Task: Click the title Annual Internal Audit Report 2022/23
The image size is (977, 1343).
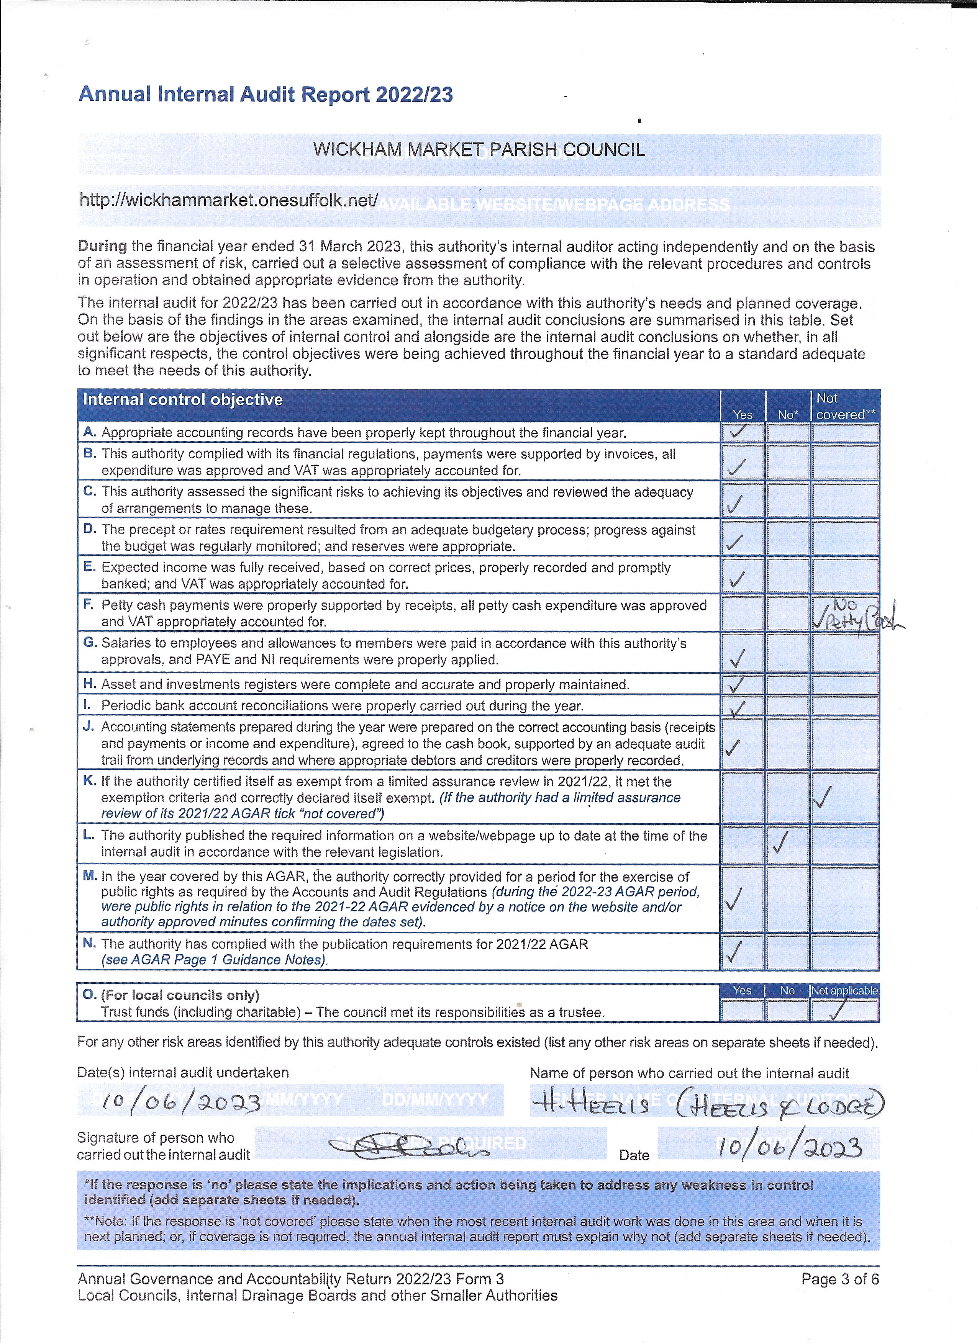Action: pyautogui.click(x=266, y=95)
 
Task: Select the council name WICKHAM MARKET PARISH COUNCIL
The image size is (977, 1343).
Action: pyautogui.click(x=479, y=149)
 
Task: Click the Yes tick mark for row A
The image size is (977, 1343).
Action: pyautogui.click(x=738, y=432)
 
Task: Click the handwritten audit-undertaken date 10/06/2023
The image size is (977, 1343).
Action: pyautogui.click(x=181, y=1102)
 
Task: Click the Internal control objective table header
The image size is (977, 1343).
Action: pyautogui.click(x=183, y=400)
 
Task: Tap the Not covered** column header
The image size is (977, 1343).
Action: pyautogui.click(x=845, y=406)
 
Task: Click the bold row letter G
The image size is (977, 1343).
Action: pyautogui.click(x=90, y=643)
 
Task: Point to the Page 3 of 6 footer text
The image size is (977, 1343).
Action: pyautogui.click(x=839, y=1279)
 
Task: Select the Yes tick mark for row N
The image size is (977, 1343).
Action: pyautogui.click(x=734, y=952)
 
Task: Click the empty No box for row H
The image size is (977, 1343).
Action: pyautogui.click(x=787, y=685)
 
